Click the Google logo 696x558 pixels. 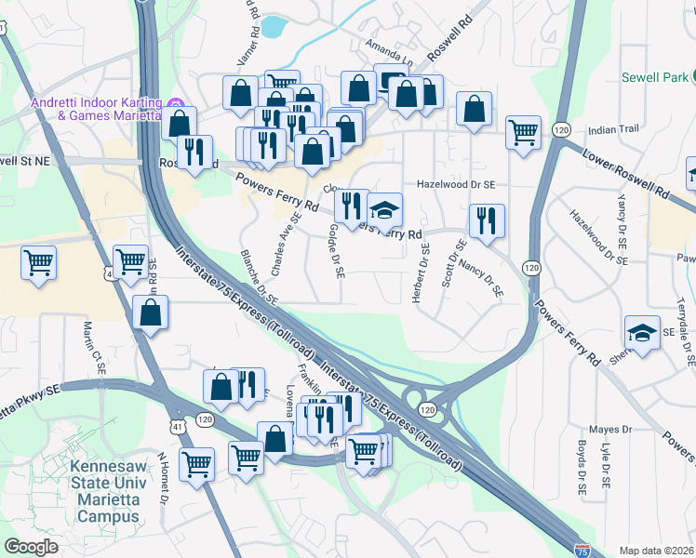31,547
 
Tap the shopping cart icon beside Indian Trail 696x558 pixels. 524,132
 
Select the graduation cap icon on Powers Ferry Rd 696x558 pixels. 384,211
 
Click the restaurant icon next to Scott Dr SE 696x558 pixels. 487,221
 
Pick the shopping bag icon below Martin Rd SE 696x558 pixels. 151,313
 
